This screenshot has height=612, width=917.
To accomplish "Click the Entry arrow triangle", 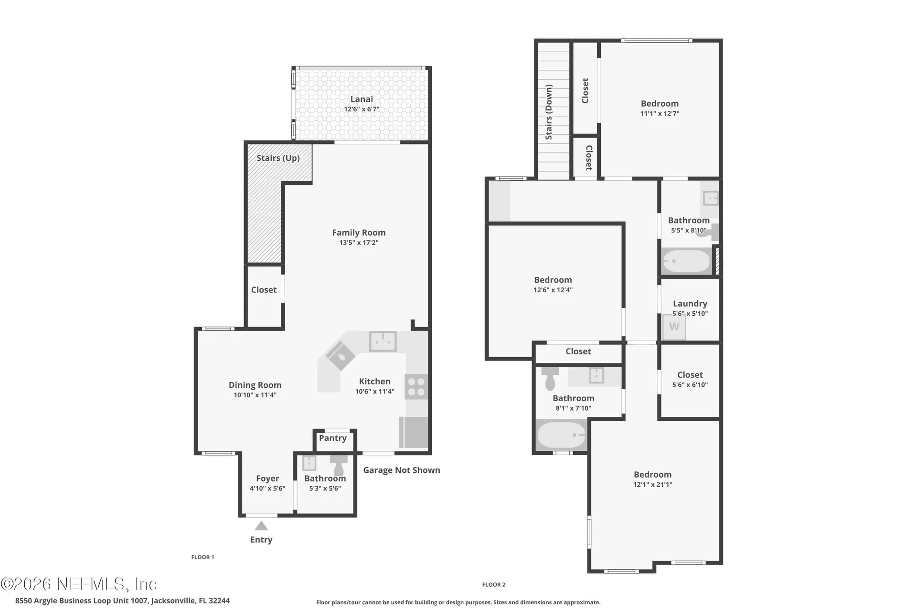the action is pos(261,526).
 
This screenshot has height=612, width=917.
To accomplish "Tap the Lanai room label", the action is pos(362,99).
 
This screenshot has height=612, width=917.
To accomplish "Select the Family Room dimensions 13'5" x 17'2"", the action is pos(359,243).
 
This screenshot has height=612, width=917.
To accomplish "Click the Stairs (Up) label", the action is pos(278,158).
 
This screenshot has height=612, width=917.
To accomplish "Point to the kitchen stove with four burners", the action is pos(416,386).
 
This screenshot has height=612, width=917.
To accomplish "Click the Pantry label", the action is pos(333,438).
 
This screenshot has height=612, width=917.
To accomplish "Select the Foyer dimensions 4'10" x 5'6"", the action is pos(267,489).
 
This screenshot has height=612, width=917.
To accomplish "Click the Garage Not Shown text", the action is pos(402,470).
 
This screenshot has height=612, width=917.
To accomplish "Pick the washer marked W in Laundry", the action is pos(674,327).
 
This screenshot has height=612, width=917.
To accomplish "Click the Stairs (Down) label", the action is pos(549,112).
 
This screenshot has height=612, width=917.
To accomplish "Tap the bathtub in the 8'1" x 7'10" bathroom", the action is pos(562,435).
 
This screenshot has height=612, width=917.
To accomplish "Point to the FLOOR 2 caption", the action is pos(494,585).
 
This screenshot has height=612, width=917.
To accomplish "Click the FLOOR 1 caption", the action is pos(203,557).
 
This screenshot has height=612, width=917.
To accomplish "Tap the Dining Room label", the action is pos(255,385).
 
